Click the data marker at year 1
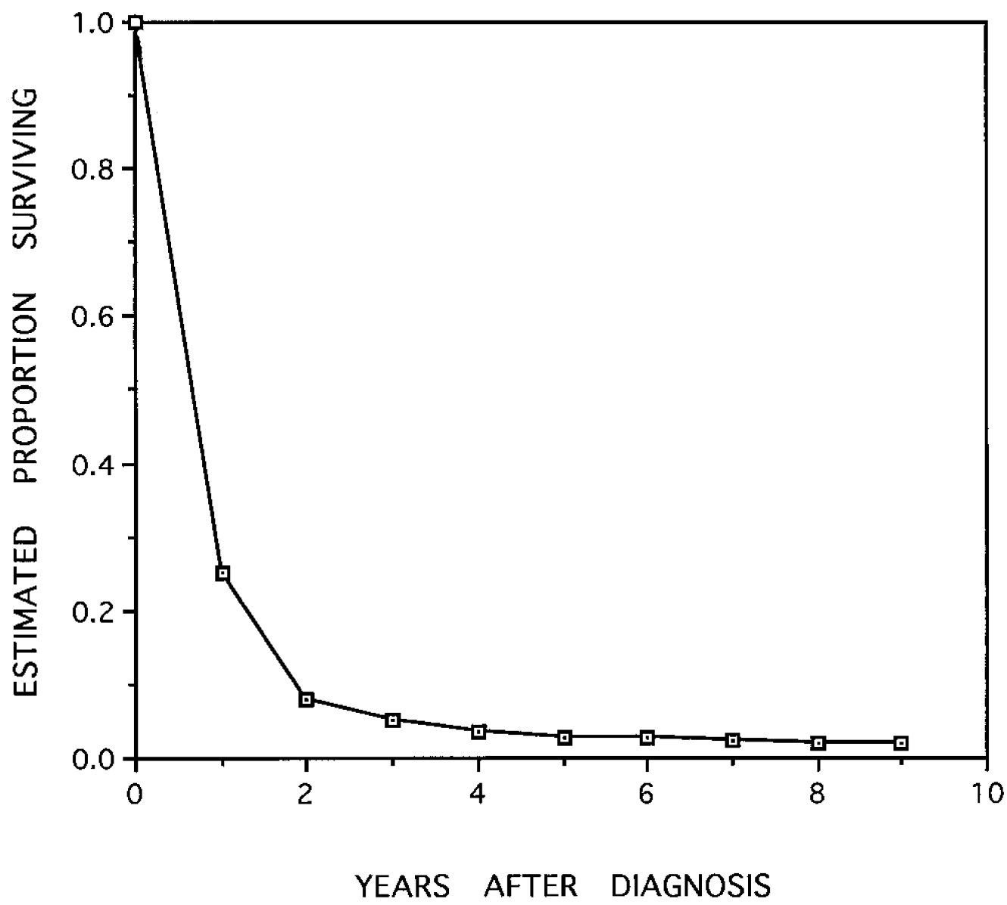(x=223, y=573)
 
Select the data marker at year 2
(x=307, y=699)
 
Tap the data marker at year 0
(x=136, y=22)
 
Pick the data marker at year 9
(x=901, y=742)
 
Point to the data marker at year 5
(x=564, y=737)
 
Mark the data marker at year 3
(x=392, y=720)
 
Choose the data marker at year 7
(x=732, y=739)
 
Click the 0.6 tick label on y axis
(x=90, y=316)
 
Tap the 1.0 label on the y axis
(x=90, y=22)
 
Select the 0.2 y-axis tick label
(x=90, y=611)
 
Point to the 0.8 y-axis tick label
(x=90, y=169)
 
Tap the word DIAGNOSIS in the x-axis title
(x=691, y=885)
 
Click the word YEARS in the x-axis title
(x=403, y=885)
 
